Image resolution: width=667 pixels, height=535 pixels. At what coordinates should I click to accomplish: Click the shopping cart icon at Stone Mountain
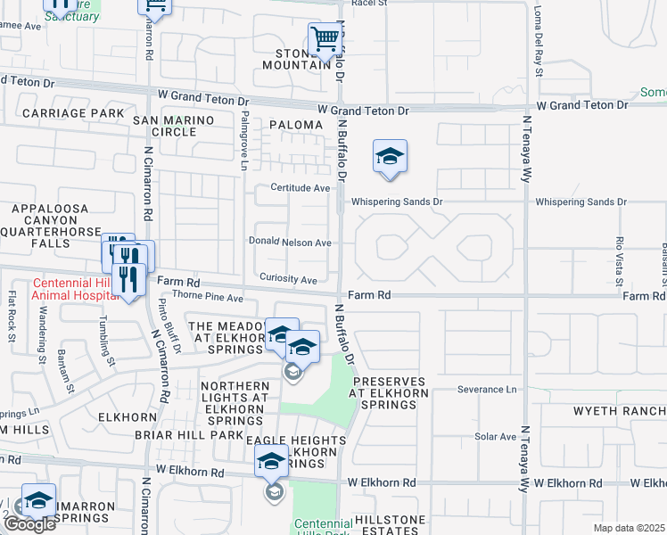click(325, 38)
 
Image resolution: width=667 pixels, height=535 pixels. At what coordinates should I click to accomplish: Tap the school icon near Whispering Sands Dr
click(390, 156)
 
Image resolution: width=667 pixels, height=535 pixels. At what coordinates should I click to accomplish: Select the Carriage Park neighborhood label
click(73, 113)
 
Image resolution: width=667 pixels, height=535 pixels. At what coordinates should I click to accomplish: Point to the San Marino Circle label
click(174, 126)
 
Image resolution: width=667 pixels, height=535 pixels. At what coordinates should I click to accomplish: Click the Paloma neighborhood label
click(294, 126)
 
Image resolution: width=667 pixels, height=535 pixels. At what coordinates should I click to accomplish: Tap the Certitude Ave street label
click(301, 188)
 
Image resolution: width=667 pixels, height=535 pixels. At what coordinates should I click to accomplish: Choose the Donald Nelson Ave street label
click(290, 243)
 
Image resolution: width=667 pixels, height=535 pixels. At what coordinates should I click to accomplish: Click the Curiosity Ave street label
click(287, 280)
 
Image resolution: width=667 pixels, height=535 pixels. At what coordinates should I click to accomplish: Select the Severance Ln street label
click(487, 390)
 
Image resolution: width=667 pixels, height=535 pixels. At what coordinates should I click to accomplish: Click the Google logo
click(29, 523)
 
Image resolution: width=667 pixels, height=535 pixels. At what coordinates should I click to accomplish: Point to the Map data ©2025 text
click(630, 528)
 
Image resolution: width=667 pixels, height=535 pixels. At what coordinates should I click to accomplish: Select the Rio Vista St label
click(619, 261)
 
